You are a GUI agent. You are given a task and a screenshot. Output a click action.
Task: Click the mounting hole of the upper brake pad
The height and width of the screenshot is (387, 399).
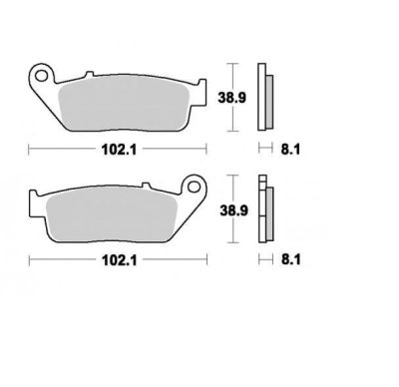click(x=41, y=76)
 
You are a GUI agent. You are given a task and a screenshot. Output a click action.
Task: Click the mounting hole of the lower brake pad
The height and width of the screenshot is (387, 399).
click(x=194, y=187)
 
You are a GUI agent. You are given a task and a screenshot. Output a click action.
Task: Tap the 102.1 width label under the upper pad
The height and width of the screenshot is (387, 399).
click(x=119, y=150)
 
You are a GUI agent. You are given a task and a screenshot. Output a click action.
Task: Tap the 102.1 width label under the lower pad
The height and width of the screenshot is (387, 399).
click(x=120, y=260)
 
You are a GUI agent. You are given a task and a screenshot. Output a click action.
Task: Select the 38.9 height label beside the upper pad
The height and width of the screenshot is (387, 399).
click(x=231, y=98)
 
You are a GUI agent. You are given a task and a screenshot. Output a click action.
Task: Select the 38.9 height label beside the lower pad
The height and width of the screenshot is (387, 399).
click(x=233, y=210)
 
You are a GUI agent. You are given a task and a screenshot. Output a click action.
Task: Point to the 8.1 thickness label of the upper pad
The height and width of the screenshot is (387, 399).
click(x=290, y=150)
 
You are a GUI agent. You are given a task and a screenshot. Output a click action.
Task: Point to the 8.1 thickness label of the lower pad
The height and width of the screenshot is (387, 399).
click(x=291, y=259)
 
